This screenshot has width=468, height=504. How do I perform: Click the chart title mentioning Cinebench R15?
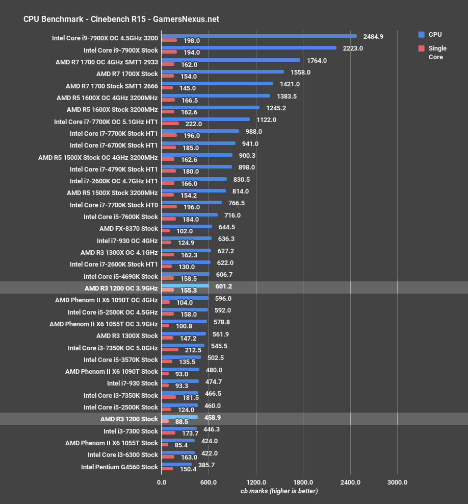121,19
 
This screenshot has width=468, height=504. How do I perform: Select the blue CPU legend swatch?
421,35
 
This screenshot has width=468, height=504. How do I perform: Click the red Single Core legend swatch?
421,49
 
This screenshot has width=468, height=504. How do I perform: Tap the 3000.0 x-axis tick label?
397,482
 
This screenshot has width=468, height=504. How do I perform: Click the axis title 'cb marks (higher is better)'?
279,491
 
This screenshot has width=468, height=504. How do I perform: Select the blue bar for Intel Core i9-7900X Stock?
249,48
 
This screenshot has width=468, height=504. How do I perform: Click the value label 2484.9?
373,37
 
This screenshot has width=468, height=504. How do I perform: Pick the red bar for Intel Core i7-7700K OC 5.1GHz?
170,124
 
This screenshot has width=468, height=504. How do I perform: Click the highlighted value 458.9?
212,418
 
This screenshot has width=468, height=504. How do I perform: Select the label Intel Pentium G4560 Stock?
119,467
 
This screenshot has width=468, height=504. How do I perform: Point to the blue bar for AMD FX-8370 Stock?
187,227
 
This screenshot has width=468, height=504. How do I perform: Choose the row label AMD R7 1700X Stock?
127,74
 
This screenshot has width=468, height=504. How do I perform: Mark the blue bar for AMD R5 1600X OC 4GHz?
216,95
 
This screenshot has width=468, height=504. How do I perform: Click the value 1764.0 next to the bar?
317,61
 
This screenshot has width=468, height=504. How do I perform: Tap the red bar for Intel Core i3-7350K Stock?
168,397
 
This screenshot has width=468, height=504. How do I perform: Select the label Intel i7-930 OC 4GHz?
127,241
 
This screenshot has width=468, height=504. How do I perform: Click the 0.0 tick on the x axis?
161,482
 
